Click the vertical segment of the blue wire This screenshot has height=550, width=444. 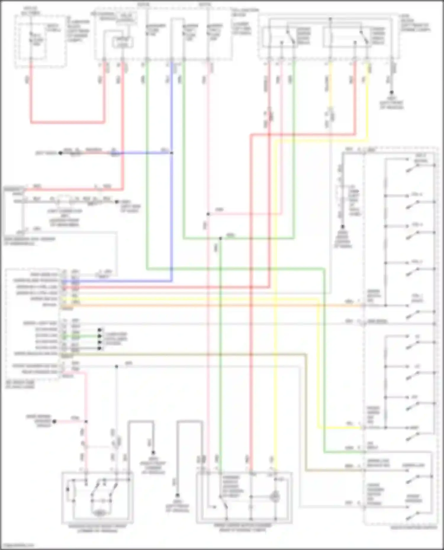[172, 207]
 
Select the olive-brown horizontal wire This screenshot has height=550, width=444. [189, 354]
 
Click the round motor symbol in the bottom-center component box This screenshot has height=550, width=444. [275, 497]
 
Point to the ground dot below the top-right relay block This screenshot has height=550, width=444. [392, 92]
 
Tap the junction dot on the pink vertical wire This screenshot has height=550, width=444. [208, 214]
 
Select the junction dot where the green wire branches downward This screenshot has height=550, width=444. [220, 238]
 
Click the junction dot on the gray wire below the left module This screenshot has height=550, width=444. [116, 366]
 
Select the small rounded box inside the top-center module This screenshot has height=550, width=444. [123, 43]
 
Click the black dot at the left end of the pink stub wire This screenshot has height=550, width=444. [54, 422]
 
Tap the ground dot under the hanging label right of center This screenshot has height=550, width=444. [342, 227]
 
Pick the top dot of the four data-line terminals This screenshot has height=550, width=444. [100, 330]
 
